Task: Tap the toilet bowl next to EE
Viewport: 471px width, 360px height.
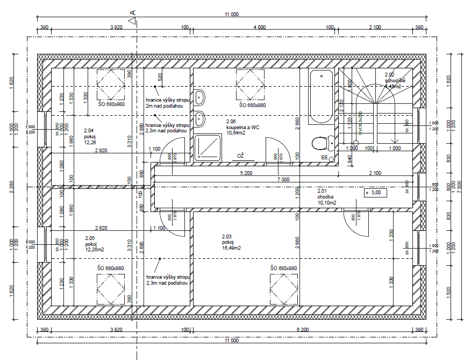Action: [320, 143]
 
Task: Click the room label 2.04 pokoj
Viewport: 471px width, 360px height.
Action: [89, 136]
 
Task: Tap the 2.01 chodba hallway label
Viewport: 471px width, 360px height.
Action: [326, 196]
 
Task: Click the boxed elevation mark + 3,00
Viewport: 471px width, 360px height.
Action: [374, 192]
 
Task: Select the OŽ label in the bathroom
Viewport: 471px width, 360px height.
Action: [240, 156]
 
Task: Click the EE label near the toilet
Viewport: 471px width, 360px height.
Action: [325, 157]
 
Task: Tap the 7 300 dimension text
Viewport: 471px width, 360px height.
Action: [284, 179]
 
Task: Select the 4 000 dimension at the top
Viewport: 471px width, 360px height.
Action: [259, 27]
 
